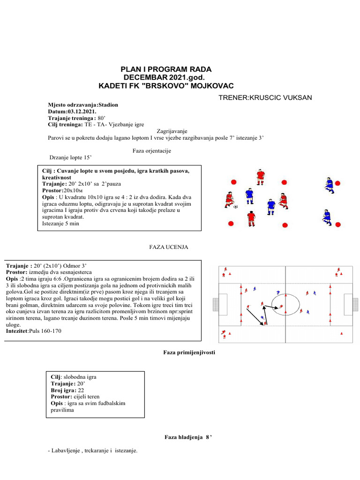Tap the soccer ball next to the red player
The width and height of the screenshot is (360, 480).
[x=235, y=206]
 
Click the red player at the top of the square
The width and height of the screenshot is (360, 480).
[x=261, y=177]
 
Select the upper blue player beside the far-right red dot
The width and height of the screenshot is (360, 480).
[x=329, y=185]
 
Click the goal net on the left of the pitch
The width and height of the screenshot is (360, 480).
[x=216, y=304]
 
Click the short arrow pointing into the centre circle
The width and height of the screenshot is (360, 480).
[x=272, y=307]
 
